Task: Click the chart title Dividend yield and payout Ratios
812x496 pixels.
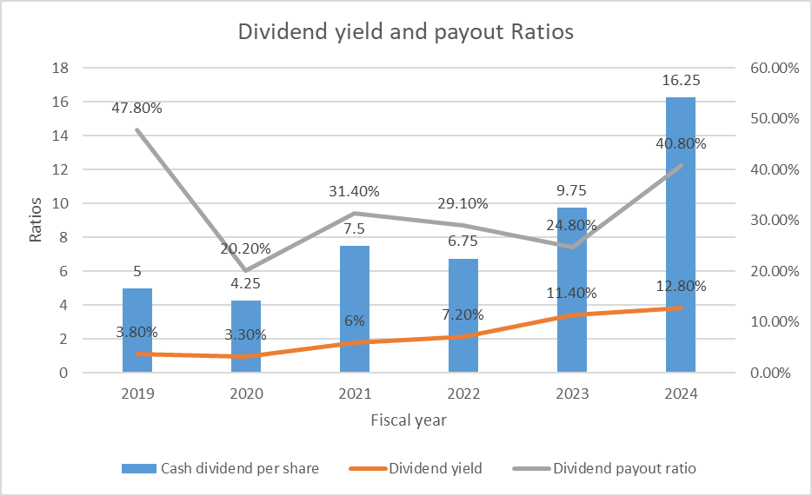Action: click(x=406, y=32)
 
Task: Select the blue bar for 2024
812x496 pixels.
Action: click(x=681, y=235)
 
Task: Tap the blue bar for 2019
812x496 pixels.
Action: click(x=137, y=330)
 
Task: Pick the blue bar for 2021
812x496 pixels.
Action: click(x=355, y=308)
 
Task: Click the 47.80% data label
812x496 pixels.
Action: click(x=136, y=109)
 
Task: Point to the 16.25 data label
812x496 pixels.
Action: click(x=681, y=81)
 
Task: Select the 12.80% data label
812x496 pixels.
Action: click(x=681, y=286)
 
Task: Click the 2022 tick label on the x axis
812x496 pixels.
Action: click(x=463, y=393)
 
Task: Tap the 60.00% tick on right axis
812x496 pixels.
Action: click(x=769, y=68)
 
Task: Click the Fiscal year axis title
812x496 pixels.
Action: click(x=409, y=420)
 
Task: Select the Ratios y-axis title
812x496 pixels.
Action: click(x=36, y=221)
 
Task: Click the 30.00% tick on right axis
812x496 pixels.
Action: click(x=769, y=220)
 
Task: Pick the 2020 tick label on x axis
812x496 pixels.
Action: click(x=246, y=393)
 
